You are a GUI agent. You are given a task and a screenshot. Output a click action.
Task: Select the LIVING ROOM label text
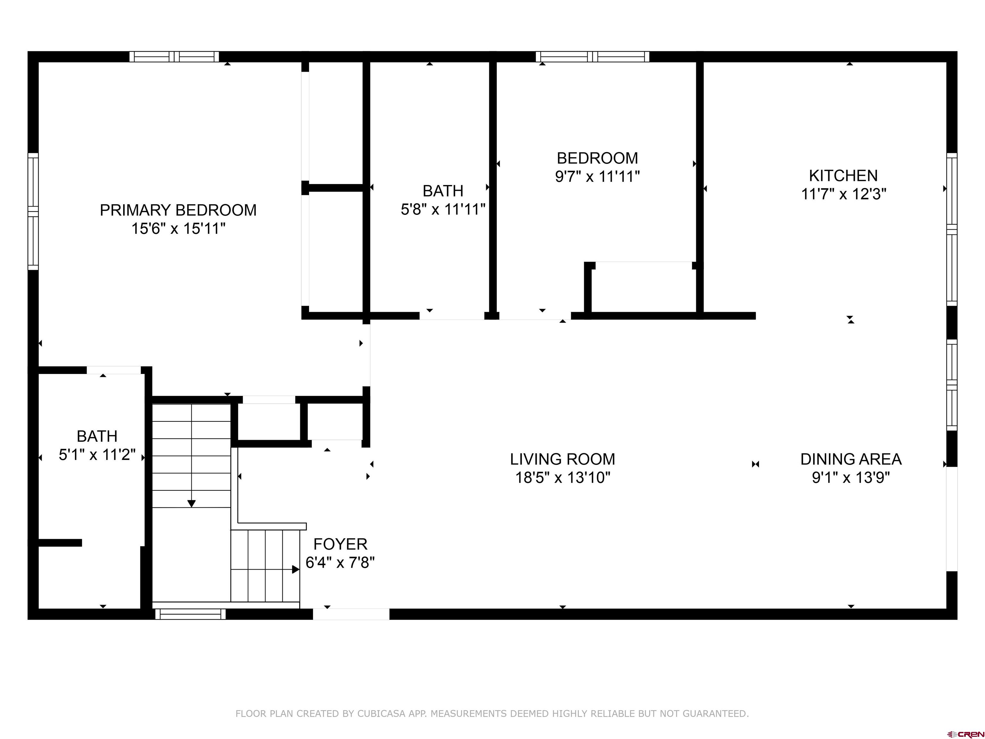[x=562, y=459]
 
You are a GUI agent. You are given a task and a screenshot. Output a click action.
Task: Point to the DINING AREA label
[x=851, y=459]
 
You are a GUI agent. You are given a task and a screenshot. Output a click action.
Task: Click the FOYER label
[x=340, y=544]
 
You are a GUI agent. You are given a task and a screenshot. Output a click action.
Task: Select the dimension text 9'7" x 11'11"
[x=597, y=177]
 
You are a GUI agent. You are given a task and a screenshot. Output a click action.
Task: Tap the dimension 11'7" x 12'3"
[x=843, y=195]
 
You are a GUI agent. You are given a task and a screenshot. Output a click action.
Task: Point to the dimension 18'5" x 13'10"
[x=562, y=478]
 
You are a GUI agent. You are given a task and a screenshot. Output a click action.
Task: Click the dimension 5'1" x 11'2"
[x=97, y=455]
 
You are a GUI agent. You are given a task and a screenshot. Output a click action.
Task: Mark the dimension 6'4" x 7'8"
[x=340, y=563]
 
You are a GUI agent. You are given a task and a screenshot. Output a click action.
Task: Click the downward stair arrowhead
[x=191, y=504]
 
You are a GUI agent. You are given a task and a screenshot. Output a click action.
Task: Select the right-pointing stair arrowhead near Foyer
[x=296, y=569]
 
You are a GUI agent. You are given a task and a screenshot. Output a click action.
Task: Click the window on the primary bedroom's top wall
[x=174, y=56]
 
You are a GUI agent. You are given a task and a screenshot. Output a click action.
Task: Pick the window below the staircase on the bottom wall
[x=190, y=614]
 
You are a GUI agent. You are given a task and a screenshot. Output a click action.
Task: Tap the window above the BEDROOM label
[x=592, y=56]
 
